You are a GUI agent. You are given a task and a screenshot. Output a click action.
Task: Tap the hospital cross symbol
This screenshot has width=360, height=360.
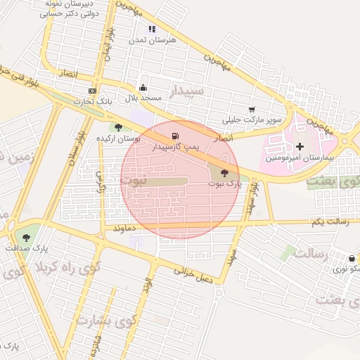coord(300,147)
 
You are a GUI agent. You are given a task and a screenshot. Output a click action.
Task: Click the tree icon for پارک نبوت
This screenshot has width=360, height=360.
coord(225,172)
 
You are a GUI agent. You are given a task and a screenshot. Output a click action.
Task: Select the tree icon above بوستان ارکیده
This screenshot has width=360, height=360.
coord(118,127)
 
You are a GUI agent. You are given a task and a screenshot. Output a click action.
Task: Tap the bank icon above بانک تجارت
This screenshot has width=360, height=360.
coord(92,91)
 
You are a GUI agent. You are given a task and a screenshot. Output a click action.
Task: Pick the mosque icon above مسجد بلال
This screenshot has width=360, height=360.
coord(143,88)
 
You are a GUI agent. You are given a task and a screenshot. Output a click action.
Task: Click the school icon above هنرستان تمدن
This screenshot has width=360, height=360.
coord(152,29)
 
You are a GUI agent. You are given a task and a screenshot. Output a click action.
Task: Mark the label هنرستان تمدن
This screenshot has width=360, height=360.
coord(146,41)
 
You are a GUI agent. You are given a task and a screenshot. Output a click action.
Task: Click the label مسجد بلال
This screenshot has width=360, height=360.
coord(139,98)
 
